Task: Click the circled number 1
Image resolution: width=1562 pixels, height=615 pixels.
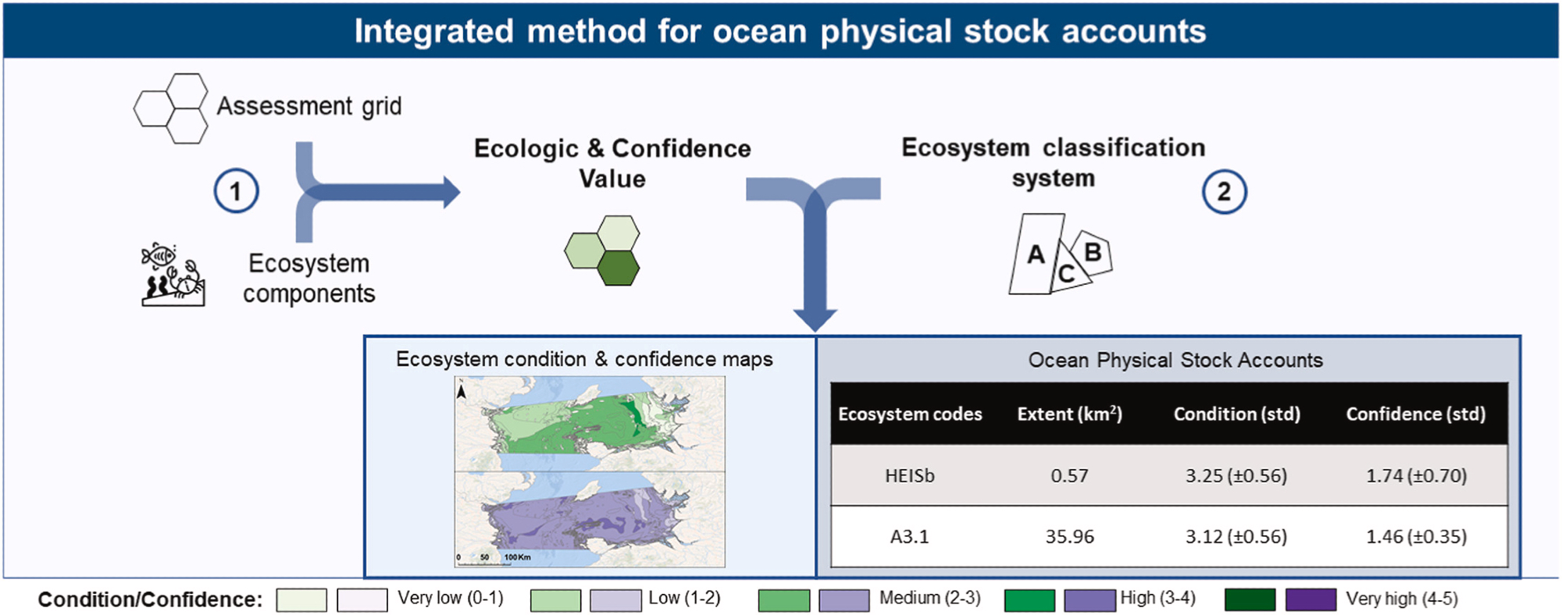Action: (x=236, y=191)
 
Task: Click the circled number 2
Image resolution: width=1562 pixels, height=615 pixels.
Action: (x=1224, y=192)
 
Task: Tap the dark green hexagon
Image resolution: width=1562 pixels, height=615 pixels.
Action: (x=619, y=268)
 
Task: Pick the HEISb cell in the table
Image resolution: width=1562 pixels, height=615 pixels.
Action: (x=910, y=475)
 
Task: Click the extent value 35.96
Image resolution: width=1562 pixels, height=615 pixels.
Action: (x=1069, y=536)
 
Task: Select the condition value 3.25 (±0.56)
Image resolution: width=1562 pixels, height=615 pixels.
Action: (x=1236, y=475)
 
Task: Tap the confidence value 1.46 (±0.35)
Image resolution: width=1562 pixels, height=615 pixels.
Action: (x=1416, y=536)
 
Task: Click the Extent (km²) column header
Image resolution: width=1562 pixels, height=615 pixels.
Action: (x=1069, y=414)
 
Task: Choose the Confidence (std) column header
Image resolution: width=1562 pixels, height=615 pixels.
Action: (x=1415, y=414)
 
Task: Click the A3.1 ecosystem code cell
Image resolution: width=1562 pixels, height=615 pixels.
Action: (x=910, y=536)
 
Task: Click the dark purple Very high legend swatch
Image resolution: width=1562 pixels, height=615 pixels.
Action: (x=1311, y=599)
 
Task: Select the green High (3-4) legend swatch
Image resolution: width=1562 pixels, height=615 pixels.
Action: (x=1029, y=600)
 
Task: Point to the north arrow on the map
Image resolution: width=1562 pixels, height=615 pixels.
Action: (x=462, y=390)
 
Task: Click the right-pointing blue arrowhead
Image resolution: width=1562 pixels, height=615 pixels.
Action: (x=451, y=192)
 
